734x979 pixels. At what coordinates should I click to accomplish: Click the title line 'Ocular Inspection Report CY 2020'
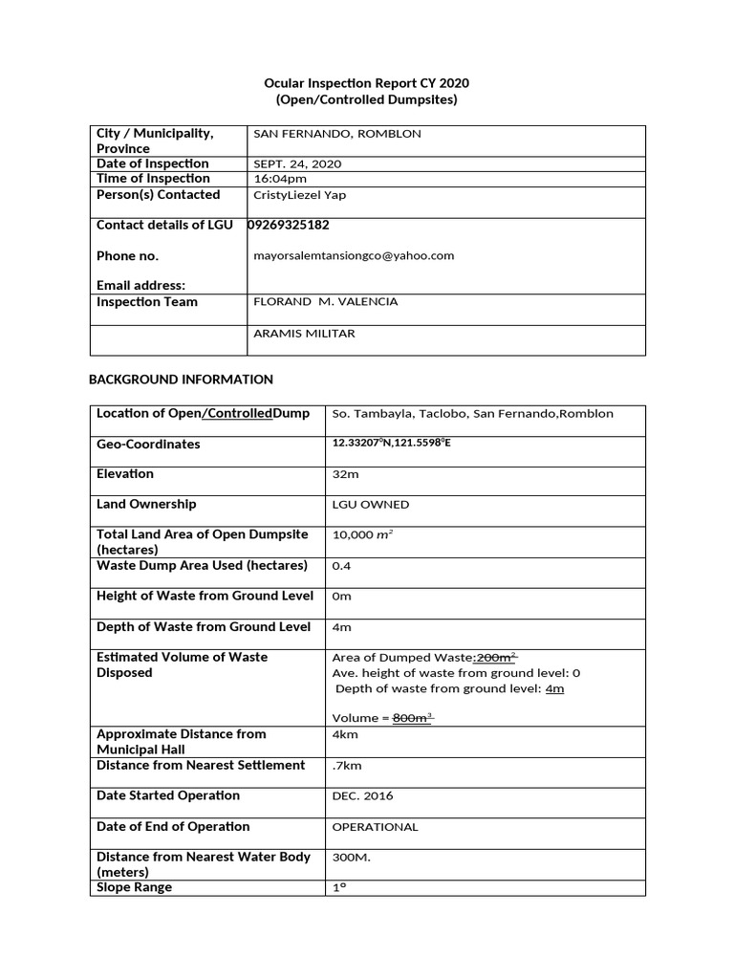point(367,83)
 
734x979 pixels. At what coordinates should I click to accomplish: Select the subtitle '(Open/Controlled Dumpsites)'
point(367,99)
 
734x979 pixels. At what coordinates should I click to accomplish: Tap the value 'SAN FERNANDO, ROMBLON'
point(336,134)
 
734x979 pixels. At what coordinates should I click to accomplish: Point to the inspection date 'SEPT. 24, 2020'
point(297,164)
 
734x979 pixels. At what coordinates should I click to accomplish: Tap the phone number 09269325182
point(296,226)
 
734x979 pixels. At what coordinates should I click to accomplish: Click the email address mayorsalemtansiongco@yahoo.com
point(353,256)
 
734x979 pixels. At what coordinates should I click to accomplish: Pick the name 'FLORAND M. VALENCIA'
point(325,302)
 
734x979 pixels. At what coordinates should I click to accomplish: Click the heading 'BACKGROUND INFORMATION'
point(181,380)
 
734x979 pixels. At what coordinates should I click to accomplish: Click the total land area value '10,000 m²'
point(362,535)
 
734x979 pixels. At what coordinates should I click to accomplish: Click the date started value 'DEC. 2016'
point(362,796)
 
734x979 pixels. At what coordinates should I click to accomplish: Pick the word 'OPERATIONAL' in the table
point(375,827)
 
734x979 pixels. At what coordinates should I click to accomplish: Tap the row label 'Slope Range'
point(135,887)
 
